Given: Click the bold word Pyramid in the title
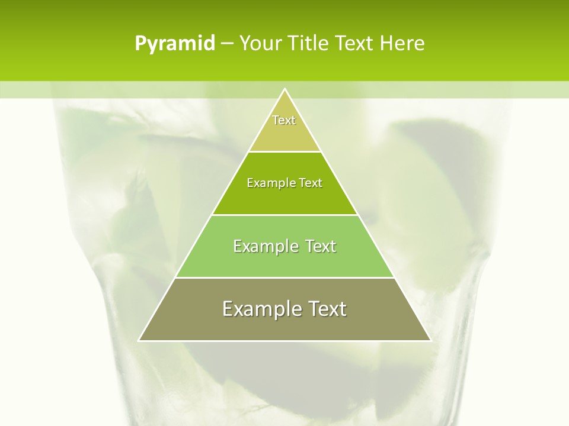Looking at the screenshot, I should [x=174, y=44].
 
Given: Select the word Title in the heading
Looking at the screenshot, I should [x=311, y=43].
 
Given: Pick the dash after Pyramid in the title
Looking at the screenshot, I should [x=226, y=44].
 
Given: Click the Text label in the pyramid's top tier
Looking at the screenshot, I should [x=284, y=120].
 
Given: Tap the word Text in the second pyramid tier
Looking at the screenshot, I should [x=311, y=183].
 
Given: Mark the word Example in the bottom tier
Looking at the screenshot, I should [x=261, y=309].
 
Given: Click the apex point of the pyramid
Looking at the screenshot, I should [x=284, y=89].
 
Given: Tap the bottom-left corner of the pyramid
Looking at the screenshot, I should [x=139, y=340].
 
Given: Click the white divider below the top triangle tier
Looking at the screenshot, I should [x=284, y=151].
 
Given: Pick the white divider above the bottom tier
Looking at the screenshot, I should [x=284, y=277].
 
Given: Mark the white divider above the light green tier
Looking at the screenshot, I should [x=284, y=215].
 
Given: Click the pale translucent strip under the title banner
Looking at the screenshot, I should [x=119, y=89].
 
